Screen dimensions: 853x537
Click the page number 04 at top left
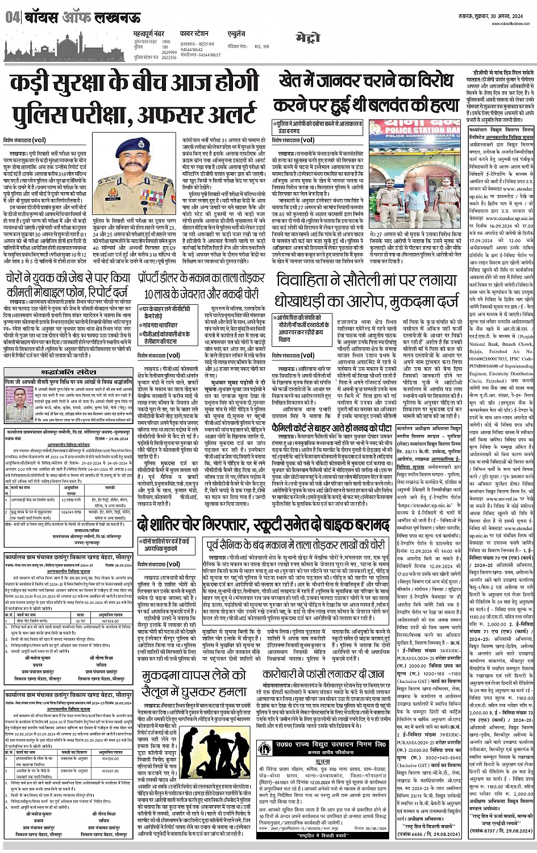coord(11,18)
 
